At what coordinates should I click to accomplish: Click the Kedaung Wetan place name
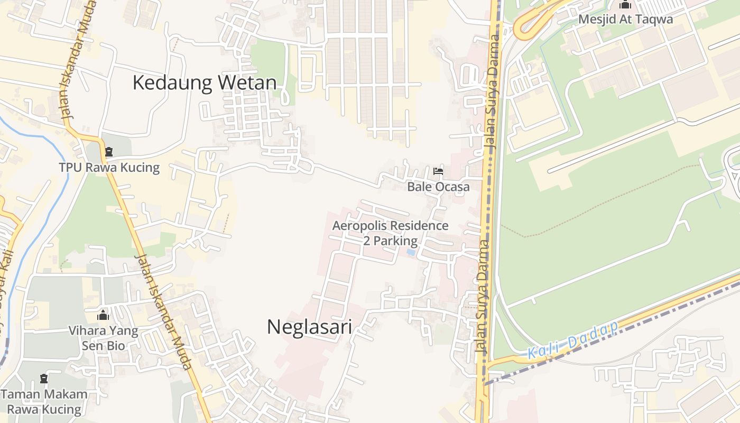tap(204, 83)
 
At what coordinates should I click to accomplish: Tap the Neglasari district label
tap(309, 326)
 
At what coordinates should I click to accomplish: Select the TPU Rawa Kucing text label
tap(109, 168)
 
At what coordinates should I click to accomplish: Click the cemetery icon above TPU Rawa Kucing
tap(109, 152)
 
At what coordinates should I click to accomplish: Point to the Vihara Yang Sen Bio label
tap(103, 338)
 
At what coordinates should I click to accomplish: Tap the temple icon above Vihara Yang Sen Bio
tap(103, 316)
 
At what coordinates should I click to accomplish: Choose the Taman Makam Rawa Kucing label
tap(44, 401)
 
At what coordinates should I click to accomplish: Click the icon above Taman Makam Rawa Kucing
tap(44, 379)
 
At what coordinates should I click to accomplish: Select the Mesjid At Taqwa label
tap(625, 20)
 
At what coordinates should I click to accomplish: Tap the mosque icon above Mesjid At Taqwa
tap(626, 5)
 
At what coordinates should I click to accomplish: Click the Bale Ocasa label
tap(438, 187)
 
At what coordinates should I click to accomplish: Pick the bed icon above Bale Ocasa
tap(438, 171)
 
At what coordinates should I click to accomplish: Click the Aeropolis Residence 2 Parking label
tap(390, 233)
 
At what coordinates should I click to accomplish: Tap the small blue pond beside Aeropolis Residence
tap(411, 253)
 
